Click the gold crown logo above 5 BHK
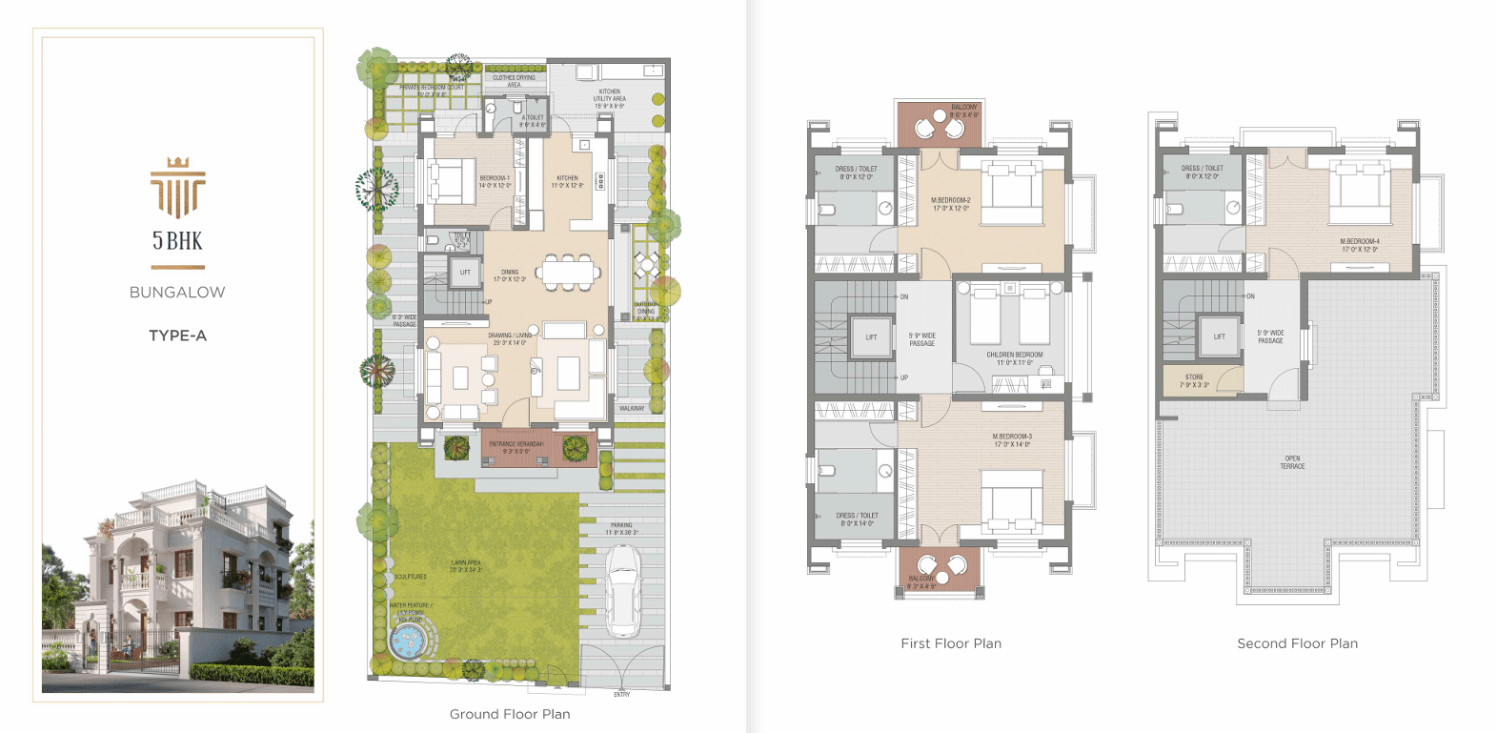click(177, 186)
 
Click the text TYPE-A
click(177, 336)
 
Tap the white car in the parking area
click(623, 591)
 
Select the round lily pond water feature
click(408, 641)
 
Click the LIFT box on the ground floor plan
click(465, 273)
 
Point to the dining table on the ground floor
click(569, 272)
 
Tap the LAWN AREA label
click(466, 566)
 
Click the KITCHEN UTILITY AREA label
click(610, 99)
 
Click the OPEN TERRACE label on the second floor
click(1292, 462)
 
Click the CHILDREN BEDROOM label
click(1014, 358)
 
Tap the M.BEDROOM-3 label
click(1012, 440)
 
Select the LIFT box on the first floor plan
click(871, 337)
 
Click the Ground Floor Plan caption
click(510, 714)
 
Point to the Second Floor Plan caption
click(1297, 643)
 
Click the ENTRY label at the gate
click(621, 694)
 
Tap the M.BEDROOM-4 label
click(1359, 245)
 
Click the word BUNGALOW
click(177, 293)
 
